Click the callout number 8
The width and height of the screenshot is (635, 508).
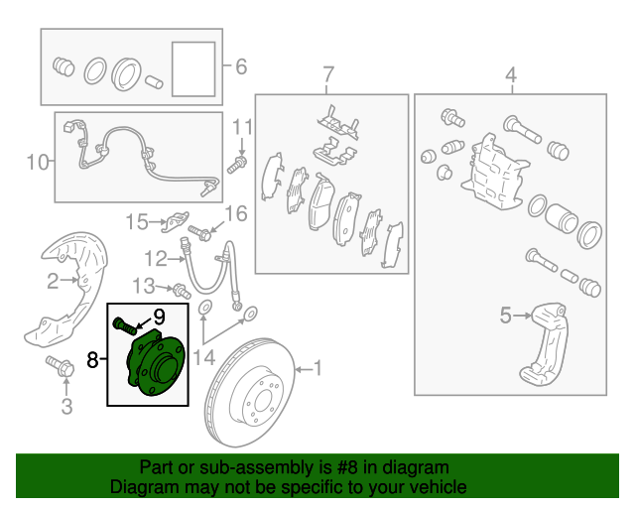pos(92,359)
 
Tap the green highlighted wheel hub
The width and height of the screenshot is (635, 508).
pos(157,363)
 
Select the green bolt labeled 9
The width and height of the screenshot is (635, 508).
pos(124,325)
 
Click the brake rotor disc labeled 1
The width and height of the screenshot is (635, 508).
pos(250,392)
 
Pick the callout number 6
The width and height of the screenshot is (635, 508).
pos(241,66)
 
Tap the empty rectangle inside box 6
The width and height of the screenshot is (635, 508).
pos(193,69)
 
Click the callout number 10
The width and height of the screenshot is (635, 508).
pos(38,162)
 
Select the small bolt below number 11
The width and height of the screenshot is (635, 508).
pos(237,165)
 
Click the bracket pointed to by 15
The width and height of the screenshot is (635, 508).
pos(175,222)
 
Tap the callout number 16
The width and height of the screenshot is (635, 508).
pos(236,213)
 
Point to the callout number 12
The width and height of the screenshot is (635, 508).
pos(156,258)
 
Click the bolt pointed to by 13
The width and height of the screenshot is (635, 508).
pos(182,292)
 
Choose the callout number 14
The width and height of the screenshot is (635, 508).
pos(204,358)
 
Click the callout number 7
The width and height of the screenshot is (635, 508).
pos(328,75)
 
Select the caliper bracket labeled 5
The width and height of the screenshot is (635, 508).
pos(544,343)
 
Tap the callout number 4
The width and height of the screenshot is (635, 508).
pos(511,75)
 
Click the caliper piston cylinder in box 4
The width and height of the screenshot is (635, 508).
pos(561,218)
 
